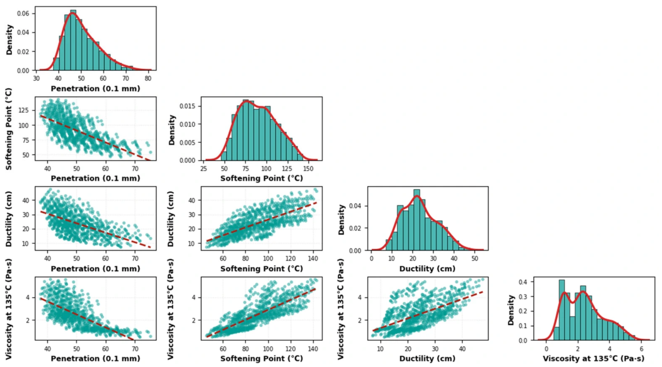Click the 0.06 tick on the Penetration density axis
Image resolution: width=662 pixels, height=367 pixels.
pyautogui.click(x=23, y=13)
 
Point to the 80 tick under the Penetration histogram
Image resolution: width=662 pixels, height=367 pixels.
pyautogui.click(x=148, y=78)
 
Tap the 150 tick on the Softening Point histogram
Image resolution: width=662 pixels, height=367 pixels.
pyautogui.click(x=308, y=168)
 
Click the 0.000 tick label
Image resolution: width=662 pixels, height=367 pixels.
pyautogui.click(x=187, y=160)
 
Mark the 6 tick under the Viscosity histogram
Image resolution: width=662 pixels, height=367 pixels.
pyautogui.click(x=641, y=349)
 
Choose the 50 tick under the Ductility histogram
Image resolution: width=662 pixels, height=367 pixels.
pyautogui.click(x=474, y=259)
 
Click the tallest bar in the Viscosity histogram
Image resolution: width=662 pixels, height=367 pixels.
pyautogui.click(x=562, y=310)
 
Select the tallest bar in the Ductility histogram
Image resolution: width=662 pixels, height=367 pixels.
pyautogui.click(x=417, y=220)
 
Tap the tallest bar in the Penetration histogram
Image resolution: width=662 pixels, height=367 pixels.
pyautogui.click(x=73, y=40)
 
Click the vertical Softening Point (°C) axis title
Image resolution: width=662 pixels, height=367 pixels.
pyautogui.click(x=9, y=129)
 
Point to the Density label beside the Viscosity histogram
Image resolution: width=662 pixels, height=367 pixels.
pyautogui.click(x=510, y=310)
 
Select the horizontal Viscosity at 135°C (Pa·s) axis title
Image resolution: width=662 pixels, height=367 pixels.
pyautogui.click(x=593, y=358)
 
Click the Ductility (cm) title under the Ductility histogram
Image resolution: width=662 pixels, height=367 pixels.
pyautogui.click(x=427, y=269)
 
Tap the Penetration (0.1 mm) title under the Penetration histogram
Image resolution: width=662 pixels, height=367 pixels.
pyautogui.click(x=95, y=88)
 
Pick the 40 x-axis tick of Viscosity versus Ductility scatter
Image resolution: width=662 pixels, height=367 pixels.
pyautogui.click(x=462, y=349)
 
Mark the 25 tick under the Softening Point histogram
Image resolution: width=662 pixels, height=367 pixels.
pyautogui.click(x=204, y=168)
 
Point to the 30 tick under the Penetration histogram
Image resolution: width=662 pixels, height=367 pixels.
pyautogui.click(x=36, y=78)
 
